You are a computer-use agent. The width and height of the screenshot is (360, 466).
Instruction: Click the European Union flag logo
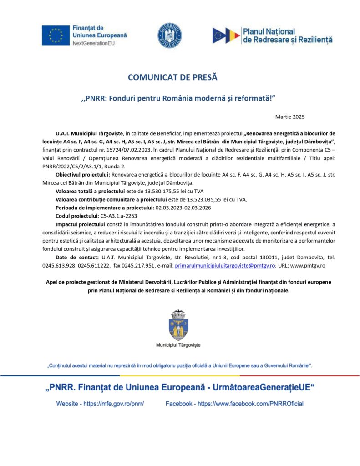click(x=56, y=35)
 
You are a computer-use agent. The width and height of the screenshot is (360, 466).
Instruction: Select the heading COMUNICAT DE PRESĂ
click(x=172, y=77)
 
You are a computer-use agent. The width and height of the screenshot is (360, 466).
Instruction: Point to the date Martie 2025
click(x=290, y=117)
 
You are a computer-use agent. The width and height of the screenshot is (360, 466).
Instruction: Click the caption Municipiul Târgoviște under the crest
click(x=178, y=345)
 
